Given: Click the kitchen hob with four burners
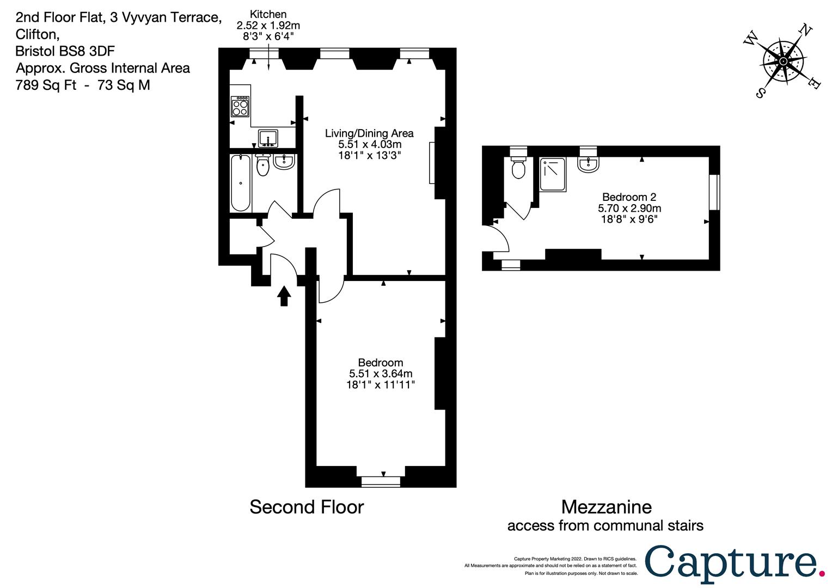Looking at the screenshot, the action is coord(240,107).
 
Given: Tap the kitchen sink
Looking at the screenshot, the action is coord(268,138).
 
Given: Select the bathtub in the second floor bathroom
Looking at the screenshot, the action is coord(240,183).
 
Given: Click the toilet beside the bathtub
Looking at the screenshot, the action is coord(263,165).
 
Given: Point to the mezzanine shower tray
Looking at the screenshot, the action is coord(553,175).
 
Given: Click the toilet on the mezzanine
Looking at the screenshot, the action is coord(518,167).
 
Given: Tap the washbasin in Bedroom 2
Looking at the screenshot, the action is coord(589,164).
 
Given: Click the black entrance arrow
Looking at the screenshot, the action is coord(284,296).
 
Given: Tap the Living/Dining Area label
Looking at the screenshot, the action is coord(369,133).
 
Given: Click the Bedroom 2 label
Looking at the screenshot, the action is coord(629,197).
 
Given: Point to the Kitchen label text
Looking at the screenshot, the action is coord(268,15).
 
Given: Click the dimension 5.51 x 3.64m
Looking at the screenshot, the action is coord(381,373).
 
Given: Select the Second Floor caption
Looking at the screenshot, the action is coord(307,507).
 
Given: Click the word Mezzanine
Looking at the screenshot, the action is coord(606,507).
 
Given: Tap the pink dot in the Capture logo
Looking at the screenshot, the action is coord(822,574).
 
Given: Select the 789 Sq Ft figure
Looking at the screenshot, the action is coord(46,85).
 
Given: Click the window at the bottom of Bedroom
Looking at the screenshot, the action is coord(381,481).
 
